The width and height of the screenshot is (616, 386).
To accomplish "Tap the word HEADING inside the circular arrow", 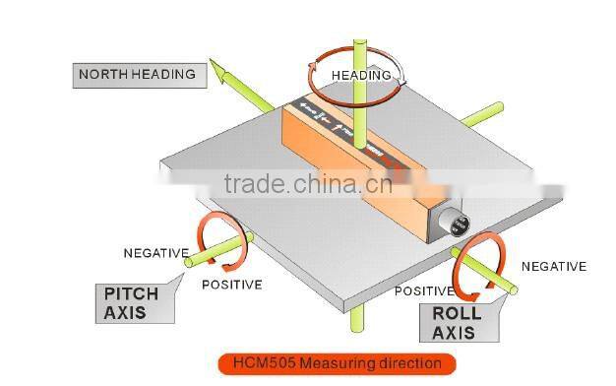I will [360, 75].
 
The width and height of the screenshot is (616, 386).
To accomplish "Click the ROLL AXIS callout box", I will [458, 322].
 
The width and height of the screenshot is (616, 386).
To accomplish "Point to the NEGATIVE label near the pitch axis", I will [155, 253].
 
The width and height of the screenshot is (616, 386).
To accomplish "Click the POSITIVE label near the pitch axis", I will [231, 286].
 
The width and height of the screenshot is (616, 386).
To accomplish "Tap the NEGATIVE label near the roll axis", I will [553, 267].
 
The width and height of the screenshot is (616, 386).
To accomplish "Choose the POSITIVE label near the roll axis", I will [424, 291].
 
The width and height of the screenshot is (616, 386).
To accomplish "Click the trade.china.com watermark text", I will [307, 184].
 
